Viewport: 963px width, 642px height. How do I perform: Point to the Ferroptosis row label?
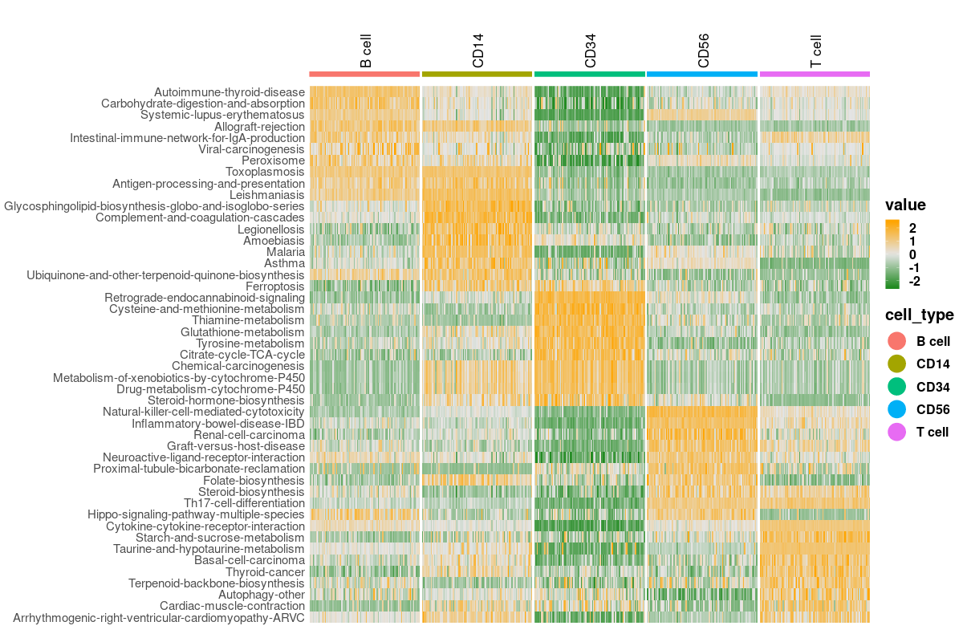[275, 286]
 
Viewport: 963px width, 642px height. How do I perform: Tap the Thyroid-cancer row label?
[265, 572]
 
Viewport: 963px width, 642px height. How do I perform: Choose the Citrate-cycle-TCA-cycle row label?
[242, 355]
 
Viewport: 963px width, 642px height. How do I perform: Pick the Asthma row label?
[285, 263]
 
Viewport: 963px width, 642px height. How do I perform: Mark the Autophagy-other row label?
[262, 595]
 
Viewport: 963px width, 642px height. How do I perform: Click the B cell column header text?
[366, 51]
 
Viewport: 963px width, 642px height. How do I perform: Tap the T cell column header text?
[816, 51]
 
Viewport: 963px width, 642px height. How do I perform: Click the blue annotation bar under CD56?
[702, 74]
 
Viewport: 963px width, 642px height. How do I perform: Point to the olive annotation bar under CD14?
[477, 74]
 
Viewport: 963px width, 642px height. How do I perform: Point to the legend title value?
[905, 205]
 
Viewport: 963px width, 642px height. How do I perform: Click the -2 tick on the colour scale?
[914, 281]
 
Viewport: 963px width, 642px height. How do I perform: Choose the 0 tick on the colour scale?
[913, 254]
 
